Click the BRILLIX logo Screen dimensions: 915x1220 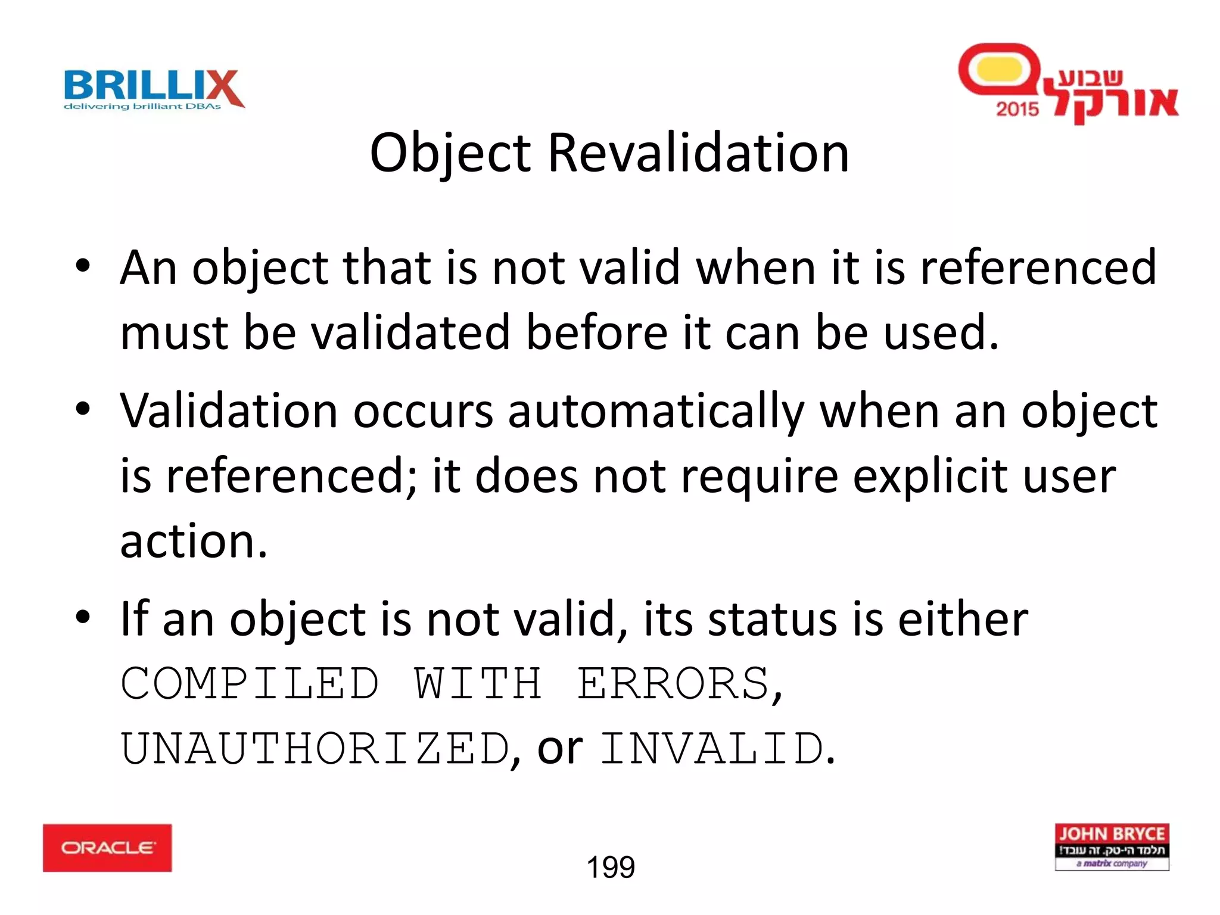(x=154, y=89)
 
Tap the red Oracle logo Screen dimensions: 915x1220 (x=107, y=848)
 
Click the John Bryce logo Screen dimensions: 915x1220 (x=1112, y=846)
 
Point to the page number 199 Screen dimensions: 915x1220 (x=611, y=867)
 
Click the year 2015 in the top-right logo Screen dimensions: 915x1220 (x=1017, y=109)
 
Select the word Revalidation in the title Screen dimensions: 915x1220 (x=698, y=153)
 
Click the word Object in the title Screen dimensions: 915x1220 (x=450, y=153)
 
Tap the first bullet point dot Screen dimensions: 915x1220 (x=83, y=265)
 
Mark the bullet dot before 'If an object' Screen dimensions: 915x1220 (x=83, y=617)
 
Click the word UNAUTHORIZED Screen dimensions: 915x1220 (x=315, y=749)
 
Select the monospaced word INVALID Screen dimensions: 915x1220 (x=712, y=749)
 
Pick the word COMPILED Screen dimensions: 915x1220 (x=250, y=683)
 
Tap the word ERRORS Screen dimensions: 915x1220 (x=673, y=683)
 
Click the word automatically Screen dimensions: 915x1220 (x=656, y=412)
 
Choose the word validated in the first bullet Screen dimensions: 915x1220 (x=411, y=332)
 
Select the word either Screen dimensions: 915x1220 (x=963, y=619)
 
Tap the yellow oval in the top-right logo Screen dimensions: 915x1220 (x=999, y=70)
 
